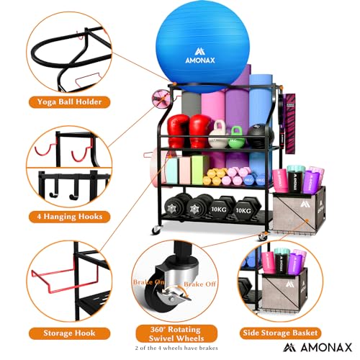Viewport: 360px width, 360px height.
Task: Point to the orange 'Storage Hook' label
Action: (68, 333)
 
